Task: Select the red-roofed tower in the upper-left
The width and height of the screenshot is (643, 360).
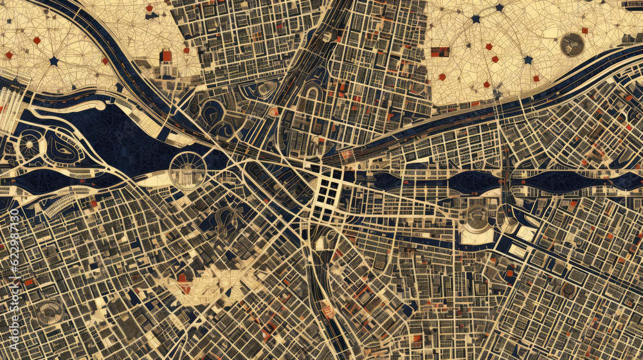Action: (x=167, y=57)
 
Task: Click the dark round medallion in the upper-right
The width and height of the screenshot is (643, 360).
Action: (x=572, y=44)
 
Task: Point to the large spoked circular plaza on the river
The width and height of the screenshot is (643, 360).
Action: (x=188, y=171)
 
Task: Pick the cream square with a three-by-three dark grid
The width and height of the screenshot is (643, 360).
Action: (x=329, y=192)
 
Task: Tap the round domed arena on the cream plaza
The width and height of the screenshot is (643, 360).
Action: (x=476, y=219)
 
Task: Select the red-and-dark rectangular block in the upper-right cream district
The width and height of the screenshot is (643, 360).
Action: (x=440, y=51)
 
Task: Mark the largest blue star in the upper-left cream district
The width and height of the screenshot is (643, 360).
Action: (x=54, y=61)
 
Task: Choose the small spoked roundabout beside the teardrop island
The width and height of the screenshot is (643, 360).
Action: (x=29, y=145)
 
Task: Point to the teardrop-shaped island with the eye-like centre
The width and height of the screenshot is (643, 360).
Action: (x=62, y=148)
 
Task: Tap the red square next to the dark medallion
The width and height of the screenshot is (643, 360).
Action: (x=585, y=30)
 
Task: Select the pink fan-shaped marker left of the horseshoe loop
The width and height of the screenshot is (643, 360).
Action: (x=275, y=112)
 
